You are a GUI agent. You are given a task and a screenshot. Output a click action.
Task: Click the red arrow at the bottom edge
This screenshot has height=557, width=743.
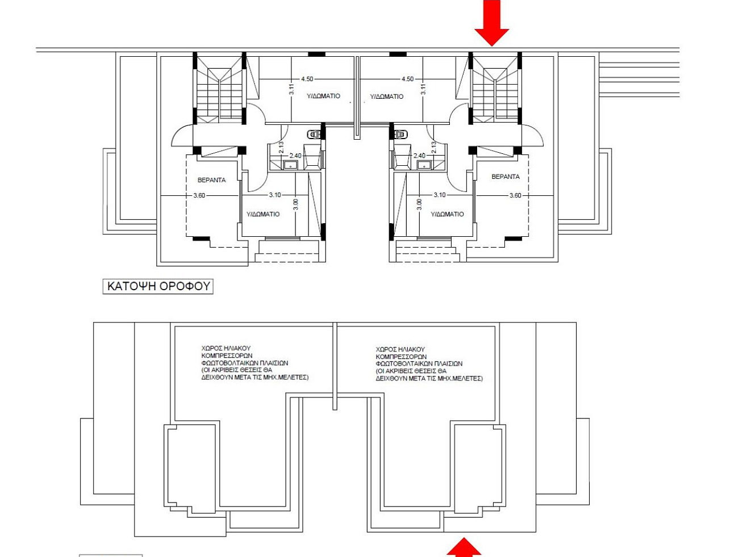click(x=464, y=547)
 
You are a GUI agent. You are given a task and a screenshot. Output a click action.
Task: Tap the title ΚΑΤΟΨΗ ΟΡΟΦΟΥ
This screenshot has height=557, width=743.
click(x=158, y=286)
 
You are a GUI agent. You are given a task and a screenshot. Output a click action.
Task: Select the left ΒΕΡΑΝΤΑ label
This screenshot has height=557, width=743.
click(x=211, y=180)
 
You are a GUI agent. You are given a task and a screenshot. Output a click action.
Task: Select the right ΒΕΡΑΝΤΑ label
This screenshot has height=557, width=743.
click(x=506, y=177)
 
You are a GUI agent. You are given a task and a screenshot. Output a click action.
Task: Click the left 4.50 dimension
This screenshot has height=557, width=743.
click(x=307, y=79)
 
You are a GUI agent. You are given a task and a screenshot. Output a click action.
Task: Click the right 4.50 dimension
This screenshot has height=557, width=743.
click(x=407, y=79)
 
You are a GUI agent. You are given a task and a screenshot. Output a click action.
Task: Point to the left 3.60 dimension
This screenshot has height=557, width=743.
click(x=199, y=195)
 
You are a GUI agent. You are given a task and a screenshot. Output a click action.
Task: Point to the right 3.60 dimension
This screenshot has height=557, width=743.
click(x=515, y=195)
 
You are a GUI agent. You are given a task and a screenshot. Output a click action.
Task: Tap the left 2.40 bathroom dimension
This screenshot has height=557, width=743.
click(x=295, y=156)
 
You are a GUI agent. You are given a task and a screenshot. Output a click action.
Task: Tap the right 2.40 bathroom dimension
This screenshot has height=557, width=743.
click(x=419, y=156)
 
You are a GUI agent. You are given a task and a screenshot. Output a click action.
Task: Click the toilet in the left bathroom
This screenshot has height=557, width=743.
click(x=314, y=135)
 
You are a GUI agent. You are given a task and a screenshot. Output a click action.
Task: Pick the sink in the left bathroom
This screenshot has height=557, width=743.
click(x=290, y=165)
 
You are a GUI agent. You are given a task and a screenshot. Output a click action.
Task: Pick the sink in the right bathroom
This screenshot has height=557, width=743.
click(x=423, y=165)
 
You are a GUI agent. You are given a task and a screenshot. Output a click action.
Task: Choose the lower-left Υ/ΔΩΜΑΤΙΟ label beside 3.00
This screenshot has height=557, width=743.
click(x=263, y=214)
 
